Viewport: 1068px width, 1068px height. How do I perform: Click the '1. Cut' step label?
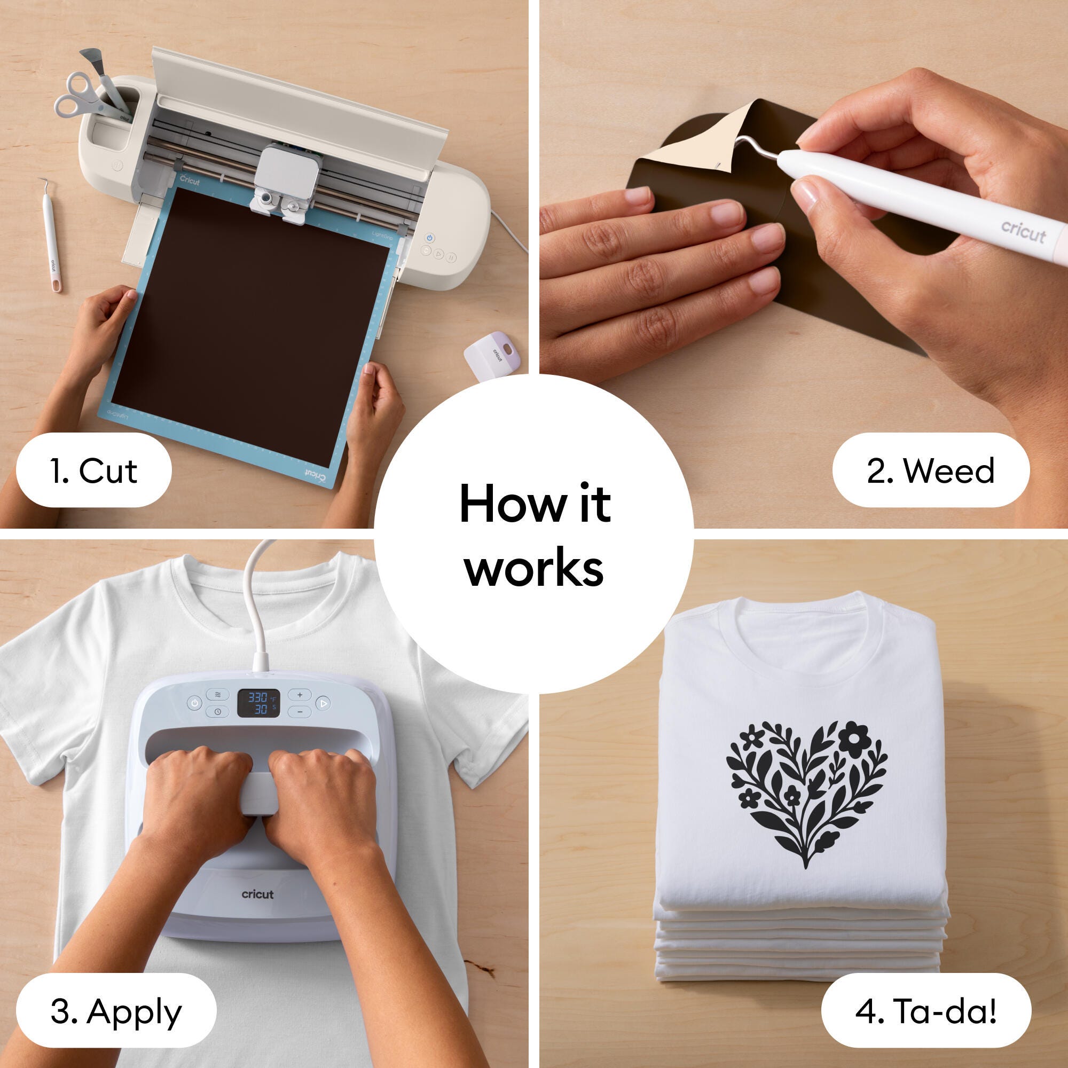pos(93,470)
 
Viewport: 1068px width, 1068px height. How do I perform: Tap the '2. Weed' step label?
pos(931,470)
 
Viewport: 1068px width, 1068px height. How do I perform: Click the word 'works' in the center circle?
pos(534,568)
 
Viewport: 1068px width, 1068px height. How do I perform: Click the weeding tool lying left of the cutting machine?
pos(51,235)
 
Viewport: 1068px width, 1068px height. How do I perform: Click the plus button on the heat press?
pos(300,695)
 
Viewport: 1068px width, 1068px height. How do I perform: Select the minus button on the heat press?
pos(300,711)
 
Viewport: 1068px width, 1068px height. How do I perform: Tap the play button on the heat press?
pos(324,703)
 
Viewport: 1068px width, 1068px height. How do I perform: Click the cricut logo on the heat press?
pos(257,894)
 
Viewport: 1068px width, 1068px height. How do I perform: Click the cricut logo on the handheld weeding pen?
pos(1023,232)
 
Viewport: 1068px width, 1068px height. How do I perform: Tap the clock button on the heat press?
pos(217,711)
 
